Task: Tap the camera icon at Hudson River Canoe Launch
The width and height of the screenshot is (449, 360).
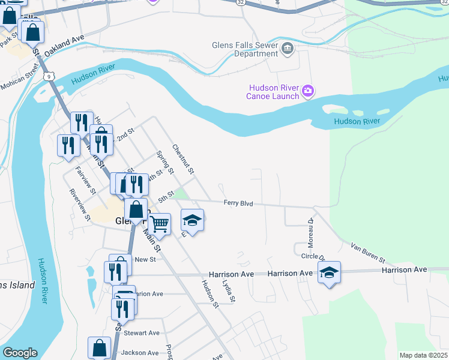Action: pyautogui.click(x=308, y=91)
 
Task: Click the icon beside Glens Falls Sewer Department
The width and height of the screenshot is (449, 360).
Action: pyautogui.click(x=287, y=49)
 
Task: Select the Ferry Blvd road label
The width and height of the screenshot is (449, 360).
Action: pyautogui.click(x=238, y=203)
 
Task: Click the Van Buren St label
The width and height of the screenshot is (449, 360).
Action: pyautogui.click(x=368, y=253)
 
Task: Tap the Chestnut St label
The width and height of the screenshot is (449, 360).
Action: pyautogui.click(x=183, y=159)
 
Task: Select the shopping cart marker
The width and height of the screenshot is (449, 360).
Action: pyautogui.click(x=159, y=224)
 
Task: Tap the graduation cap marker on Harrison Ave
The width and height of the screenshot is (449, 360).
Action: pyautogui.click(x=329, y=272)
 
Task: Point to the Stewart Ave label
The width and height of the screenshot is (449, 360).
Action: pyautogui.click(x=142, y=332)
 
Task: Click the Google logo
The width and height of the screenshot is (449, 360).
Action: pyautogui.click(x=20, y=353)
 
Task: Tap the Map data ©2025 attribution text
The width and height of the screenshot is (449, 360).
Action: pyautogui.click(x=423, y=355)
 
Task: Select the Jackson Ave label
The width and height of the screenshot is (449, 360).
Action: pyautogui.click(x=140, y=353)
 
